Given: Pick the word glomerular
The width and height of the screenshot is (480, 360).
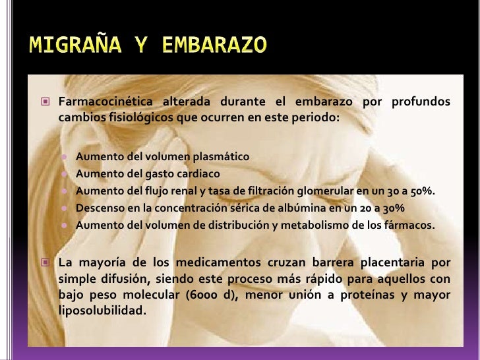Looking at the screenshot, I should click(x=324, y=191).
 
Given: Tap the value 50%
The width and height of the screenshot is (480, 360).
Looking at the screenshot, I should click(x=423, y=191).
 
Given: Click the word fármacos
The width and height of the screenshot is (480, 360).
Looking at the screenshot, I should click(x=412, y=225).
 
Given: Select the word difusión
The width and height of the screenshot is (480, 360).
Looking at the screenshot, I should click(x=137, y=278).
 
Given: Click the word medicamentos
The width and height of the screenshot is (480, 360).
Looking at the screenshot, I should click(x=207, y=262).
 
